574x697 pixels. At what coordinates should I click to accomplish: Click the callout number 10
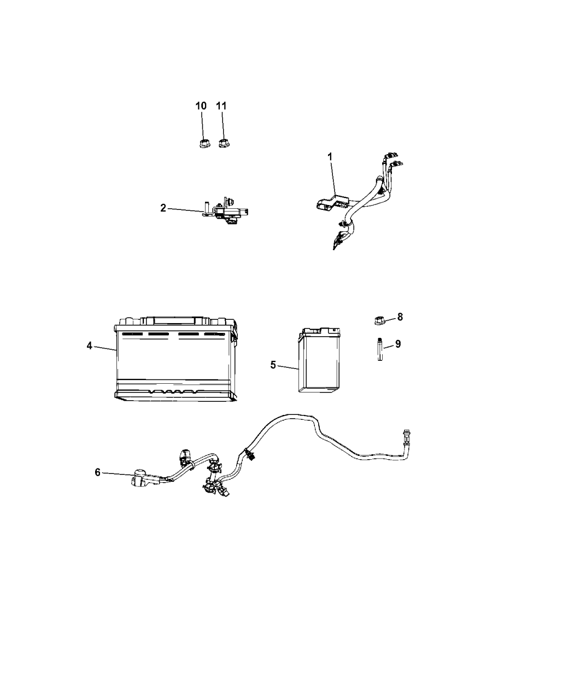pyautogui.click(x=201, y=106)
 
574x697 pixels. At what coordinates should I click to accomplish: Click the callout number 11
pyautogui.click(x=221, y=106)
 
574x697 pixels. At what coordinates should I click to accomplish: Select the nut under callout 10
pyautogui.click(x=203, y=144)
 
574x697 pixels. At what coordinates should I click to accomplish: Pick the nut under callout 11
pyautogui.click(x=224, y=144)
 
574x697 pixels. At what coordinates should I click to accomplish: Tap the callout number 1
pyautogui.click(x=330, y=156)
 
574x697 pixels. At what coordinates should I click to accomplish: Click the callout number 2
pyautogui.click(x=163, y=208)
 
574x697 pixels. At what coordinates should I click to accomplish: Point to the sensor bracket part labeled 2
pyautogui.click(x=225, y=210)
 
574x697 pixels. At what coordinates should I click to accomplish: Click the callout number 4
pyautogui.click(x=89, y=346)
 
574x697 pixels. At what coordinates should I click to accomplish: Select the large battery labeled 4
pyautogui.click(x=175, y=359)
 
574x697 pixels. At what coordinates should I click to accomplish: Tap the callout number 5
pyautogui.click(x=273, y=365)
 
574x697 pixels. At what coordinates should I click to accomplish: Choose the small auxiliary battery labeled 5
pyautogui.click(x=319, y=360)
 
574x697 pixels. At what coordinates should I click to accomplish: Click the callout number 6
pyautogui.click(x=97, y=472)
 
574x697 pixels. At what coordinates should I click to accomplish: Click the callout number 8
pyautogui.click(x=400, y=317)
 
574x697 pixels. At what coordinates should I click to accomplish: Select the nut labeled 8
pyautogui.click(x=378, y=320)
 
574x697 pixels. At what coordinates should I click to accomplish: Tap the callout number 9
pyautogui.click(x=397, y=344)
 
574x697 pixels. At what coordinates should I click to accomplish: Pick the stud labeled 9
pyautogui.click(x=380, y=349)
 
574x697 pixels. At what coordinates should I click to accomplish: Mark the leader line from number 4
pyautogui.click(x=105, y=348)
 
